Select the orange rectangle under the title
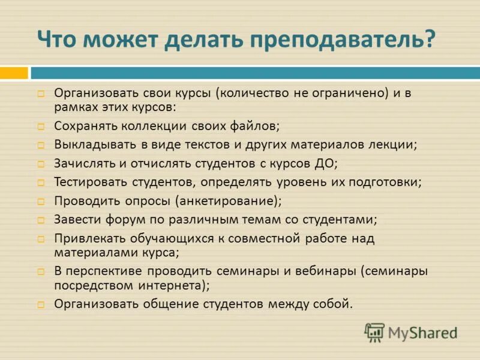(x=14, y=73)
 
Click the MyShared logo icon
(x=374, y=332)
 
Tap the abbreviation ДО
(x=329, y=163)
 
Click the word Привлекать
(x=86, y=238)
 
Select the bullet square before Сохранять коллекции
(x=41, y=127)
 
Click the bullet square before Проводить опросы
(x=41, y=201)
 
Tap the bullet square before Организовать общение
(x=41, y=304)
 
